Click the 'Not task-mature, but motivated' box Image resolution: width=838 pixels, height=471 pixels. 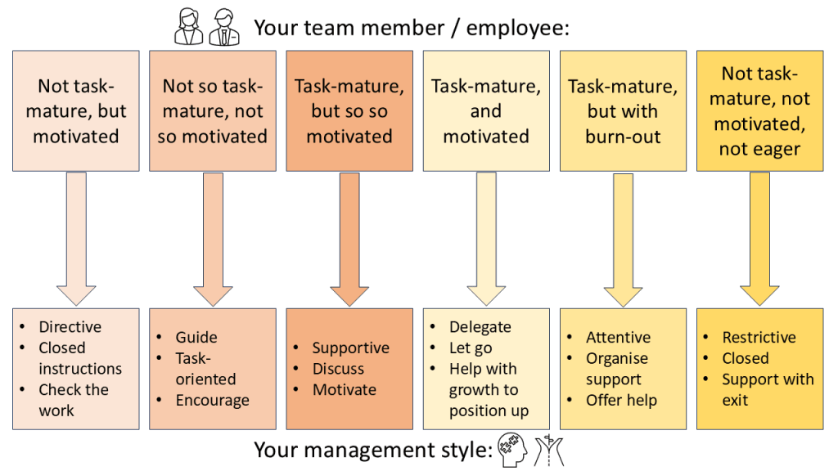(x=76, y=110)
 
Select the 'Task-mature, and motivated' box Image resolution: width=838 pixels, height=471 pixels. (x=486, y=110)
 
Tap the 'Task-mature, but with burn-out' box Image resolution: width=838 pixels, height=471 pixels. (x=623, y=110)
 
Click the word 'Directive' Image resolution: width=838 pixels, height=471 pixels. (x=70, y=327)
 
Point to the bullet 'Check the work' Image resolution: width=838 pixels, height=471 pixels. (x=74, y=400)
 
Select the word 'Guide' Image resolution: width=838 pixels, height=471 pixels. (x=196, y=337)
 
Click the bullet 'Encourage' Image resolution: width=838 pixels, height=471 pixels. (x=212, y=401)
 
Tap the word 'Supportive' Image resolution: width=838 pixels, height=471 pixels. (x=351, y=348)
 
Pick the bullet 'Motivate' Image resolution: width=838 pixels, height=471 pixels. (x=344, y=390)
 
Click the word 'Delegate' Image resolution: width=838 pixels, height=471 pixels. (x=480, y=327)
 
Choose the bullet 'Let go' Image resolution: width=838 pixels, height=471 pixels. (x=471, y=348)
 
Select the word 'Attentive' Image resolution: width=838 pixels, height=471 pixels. (x=618, y=337)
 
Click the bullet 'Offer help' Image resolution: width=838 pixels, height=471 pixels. (x=621, y=401)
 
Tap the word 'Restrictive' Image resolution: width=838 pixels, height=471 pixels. (x=759, y=337)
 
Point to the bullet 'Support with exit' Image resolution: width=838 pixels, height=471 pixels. (x=767, y=389)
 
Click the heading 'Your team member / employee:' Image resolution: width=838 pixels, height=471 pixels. (x=411, y=28)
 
